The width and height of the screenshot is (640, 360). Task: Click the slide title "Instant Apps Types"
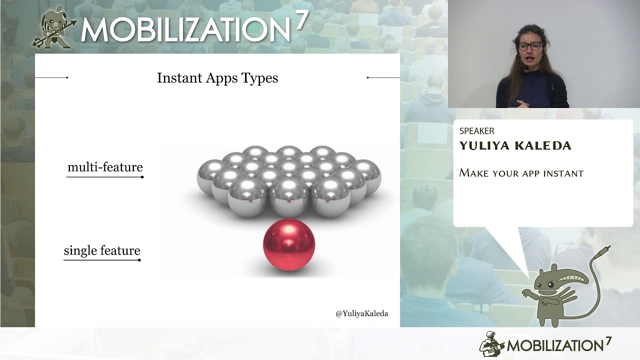point(217,78)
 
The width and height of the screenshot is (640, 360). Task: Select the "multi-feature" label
point(105,167)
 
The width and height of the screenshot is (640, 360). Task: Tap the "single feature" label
point(102,250)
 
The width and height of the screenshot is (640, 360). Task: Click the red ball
point(289,245)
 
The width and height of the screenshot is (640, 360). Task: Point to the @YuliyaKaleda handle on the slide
point(361,313)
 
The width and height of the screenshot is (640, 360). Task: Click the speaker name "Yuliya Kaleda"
point(515,145)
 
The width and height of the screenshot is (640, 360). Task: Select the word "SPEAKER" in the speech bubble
point(476,131)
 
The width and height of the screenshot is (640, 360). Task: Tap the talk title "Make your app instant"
point(521,173)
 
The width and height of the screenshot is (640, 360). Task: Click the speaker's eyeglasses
point(530,46)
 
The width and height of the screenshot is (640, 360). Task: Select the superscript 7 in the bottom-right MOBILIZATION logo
point(608,341)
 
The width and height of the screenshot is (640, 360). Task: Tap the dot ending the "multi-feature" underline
point(142,177)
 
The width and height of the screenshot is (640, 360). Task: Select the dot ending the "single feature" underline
point(139,260)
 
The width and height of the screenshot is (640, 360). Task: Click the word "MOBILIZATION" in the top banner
point(185,29)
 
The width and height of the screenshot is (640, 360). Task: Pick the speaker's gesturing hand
point(522,103)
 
